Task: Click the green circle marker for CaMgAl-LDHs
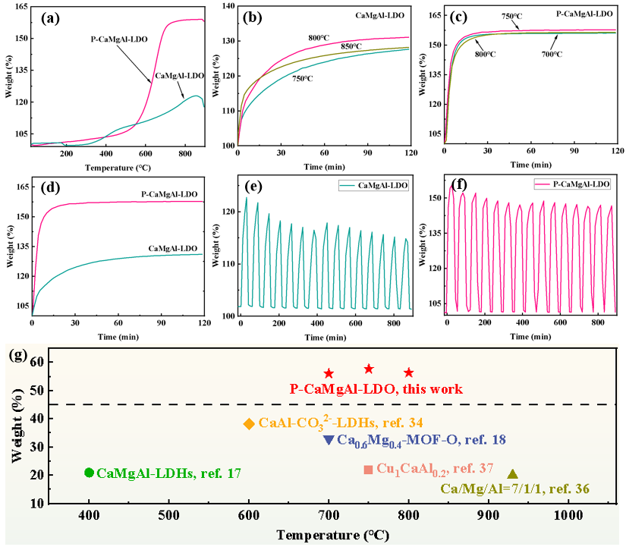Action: pyautogui.click(x=90, y=473)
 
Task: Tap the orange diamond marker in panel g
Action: pyautogui.click(x=249, y=423)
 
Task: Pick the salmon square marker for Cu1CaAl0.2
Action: pyautogui.click(x=368, y=470)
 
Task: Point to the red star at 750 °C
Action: pyautogui.click(x=369, y=369)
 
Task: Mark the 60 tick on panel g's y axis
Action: pyautogui.click(x=36, y=363)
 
